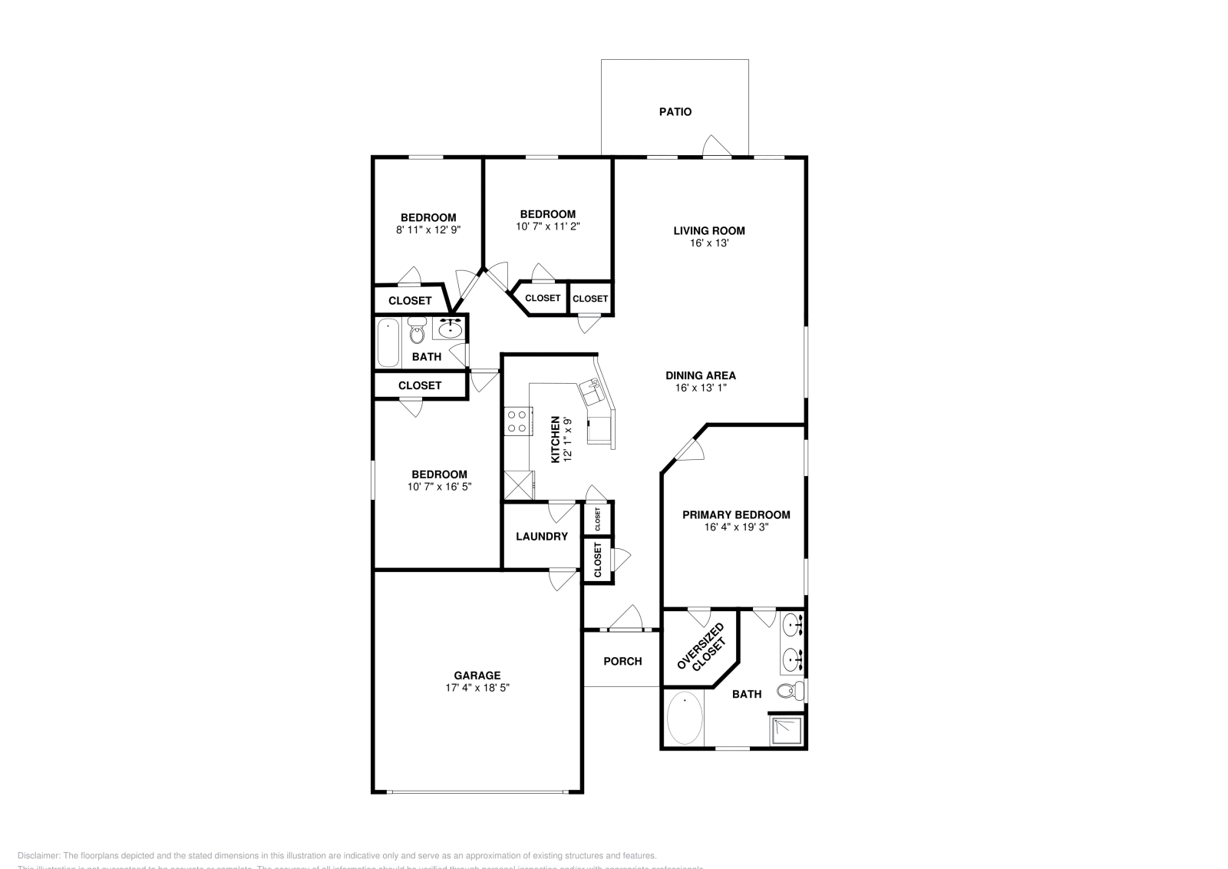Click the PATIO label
[x=675, y=112]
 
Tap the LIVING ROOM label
[x=708, y=230]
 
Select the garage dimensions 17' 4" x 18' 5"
[x=477, y=689]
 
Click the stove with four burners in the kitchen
[x=517, y=421]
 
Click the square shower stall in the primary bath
[x=787, y=730]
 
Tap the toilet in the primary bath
[x=789, y=690]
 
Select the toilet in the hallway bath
[x=417, y=332]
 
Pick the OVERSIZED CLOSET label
[x=700, y=647]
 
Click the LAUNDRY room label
[x=541, y=537]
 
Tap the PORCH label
[x=622, y=661]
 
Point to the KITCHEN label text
[x=556, y=440]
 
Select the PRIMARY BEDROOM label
[x=735, y=515]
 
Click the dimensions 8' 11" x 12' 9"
[x=427, y=230]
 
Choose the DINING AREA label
[x=700, y=375]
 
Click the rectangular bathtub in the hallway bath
[x=388, y=343]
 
